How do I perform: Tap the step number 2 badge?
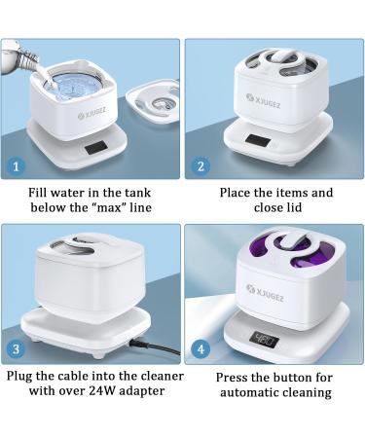coord(201,166)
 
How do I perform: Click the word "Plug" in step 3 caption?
coord(22,374)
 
